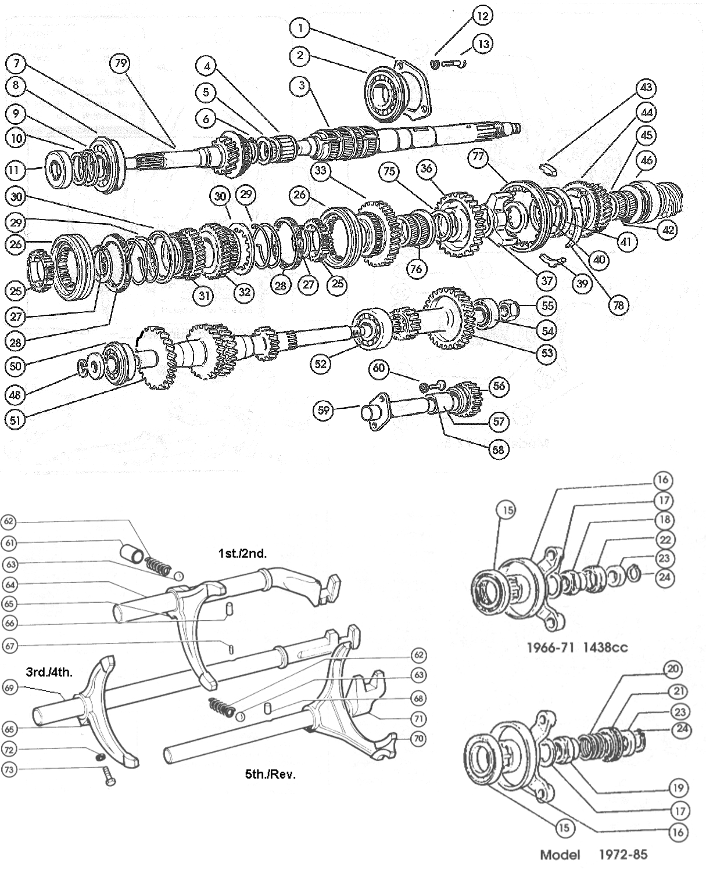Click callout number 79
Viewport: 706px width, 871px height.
click(x=120, y=63)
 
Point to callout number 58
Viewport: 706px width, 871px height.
click(x=499, y=449)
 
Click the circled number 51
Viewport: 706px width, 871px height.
click(x=16, y=419)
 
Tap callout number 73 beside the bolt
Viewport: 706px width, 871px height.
click(x=8, y=769)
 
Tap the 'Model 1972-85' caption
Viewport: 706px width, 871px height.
click(x=593, y=854)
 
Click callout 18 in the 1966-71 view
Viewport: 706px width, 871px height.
click(x=664, y=520)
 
